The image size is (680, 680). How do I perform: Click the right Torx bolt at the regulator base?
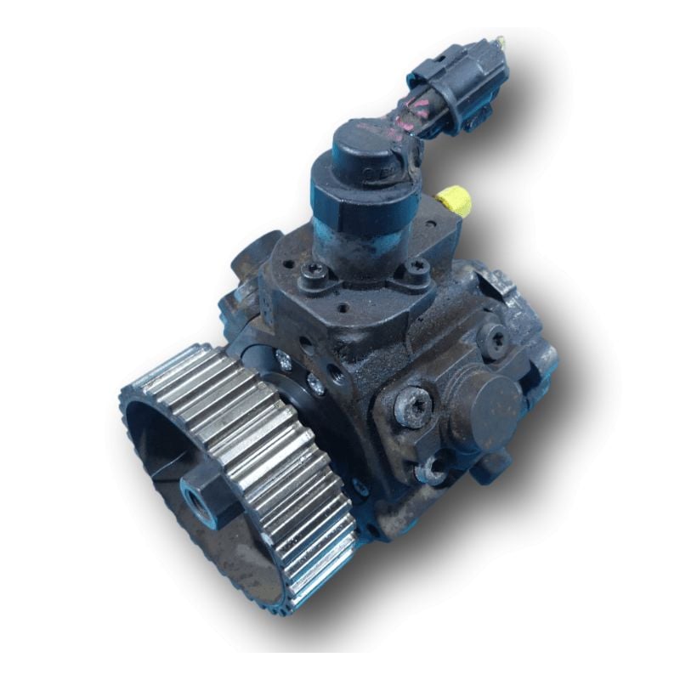(416, 270)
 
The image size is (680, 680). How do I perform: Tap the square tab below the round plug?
(493, 463)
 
